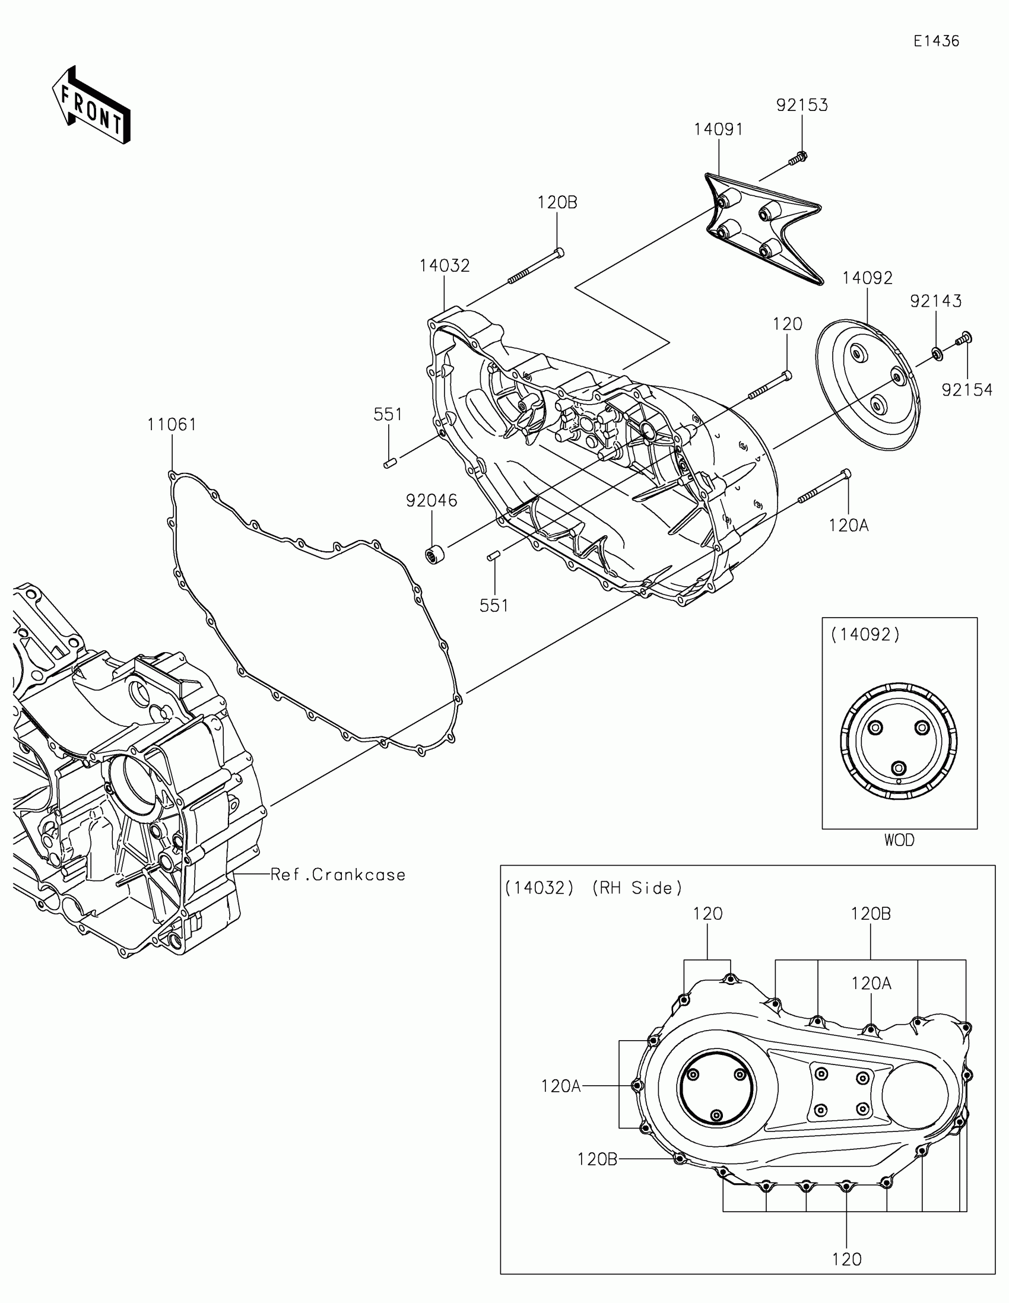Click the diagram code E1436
[x=936, y=41]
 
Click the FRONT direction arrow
[x=91, y=105]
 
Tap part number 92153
[x=802, y=105]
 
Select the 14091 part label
[x=718, y=129]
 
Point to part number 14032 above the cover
[x=445, y=265]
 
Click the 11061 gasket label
[x=172, y=425]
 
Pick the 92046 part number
[x=432, y=501]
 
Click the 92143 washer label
[x=935, y=301]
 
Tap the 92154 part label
[x=967, y=390]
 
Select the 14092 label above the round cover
[x=868, y=278]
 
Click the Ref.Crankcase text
[x=338, y=875]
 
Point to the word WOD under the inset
[x=899, y=840]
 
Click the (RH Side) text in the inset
[x=637, y=888]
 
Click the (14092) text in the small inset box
[x=865, y=635]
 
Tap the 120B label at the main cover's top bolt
[x=557, y=203]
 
